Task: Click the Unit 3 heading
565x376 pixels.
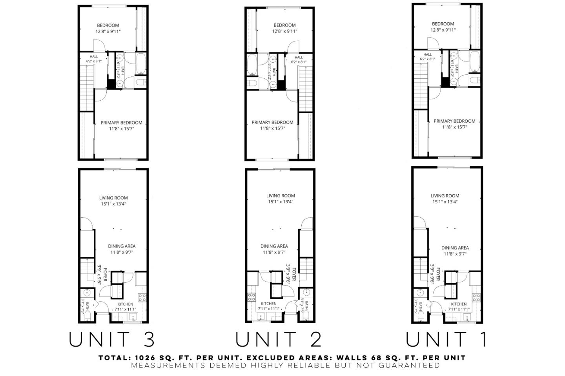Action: [112, 339]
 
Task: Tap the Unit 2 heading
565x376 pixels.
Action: [279, 339]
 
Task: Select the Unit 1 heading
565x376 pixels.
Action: [447, 339]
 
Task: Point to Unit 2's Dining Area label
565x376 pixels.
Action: [274, 246]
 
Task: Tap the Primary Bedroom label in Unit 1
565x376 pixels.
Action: [454, 121]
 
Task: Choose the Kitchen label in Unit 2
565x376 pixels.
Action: [269, 304]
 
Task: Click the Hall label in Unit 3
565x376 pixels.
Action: [94, 57]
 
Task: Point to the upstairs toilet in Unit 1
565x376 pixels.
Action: [475, 80]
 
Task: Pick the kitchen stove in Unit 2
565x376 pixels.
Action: [251, 298]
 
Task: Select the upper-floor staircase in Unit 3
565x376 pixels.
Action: [87, 88]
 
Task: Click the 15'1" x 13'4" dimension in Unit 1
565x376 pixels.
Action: [445, 202]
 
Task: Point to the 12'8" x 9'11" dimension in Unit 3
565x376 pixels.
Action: [108, 31]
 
